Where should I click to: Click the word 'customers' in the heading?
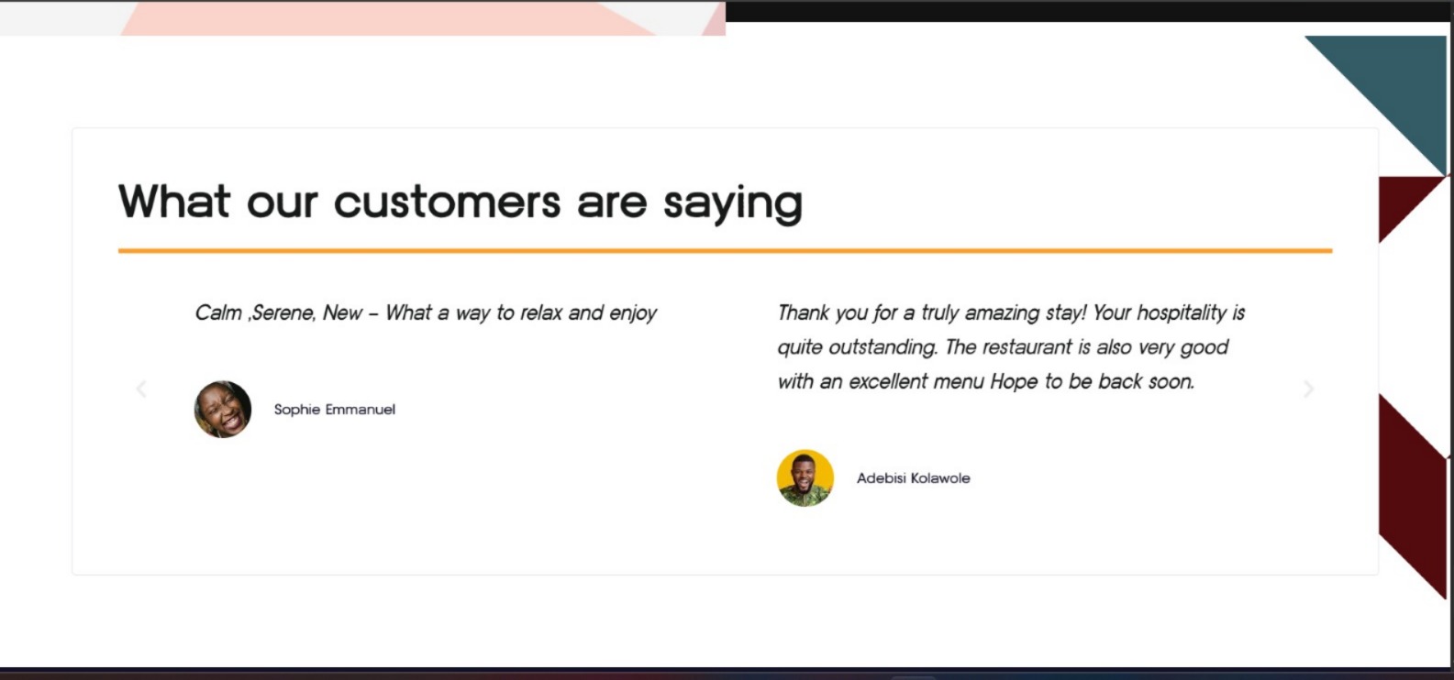pos(447,202)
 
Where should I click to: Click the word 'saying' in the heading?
pos(733,204)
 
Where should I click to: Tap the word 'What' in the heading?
pos(174,201)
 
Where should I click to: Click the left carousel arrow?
pos(141,389)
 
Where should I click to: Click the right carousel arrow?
pos(1308,389)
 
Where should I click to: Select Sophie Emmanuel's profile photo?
pos(223,409)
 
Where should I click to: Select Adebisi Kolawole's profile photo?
pos(805,477)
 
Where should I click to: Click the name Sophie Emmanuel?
pos(334,410)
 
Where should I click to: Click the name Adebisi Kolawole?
pos(914,477)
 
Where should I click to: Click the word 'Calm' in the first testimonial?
pos(218,313)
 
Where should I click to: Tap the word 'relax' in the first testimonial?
pos(541,313)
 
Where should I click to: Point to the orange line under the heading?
pos(725,250)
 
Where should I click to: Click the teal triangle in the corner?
pos(1395,84)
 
